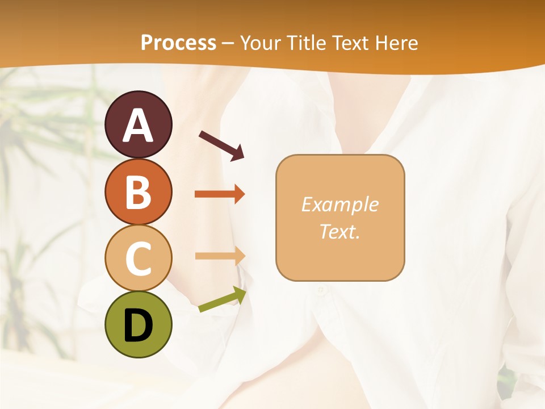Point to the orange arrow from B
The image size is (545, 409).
click(x=220, y=194)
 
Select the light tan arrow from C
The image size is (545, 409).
click(x=220, y=256)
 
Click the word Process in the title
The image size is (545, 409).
click(x=178, y=43)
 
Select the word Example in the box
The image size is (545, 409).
click(x=339, y=204)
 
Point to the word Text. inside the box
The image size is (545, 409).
click(x=339, y=231)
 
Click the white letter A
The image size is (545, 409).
click(x=138, y=126)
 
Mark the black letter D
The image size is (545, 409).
click(x=138, y=326)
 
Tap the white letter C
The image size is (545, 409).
click(x=138, y=258)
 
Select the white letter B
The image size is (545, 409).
click(x=138, y=192)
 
